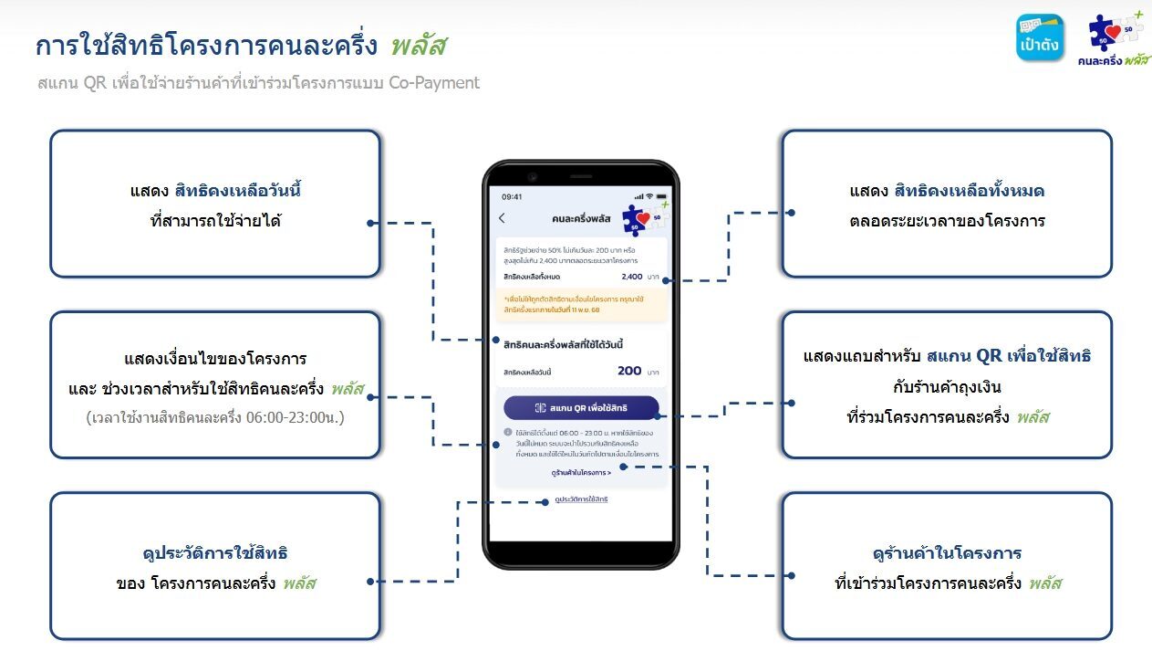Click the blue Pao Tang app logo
click(x=1040, y=37)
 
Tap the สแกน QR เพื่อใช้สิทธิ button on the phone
click(x=581, y=407)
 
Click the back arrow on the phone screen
click(x=502, y=218)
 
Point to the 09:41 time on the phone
click(x=512, y=196)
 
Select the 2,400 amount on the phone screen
click(x=631, y=277)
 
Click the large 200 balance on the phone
click(x=629, y=371)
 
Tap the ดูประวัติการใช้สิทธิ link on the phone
click(x=581, y=499)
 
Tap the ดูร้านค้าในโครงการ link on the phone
click(x=581, y=472)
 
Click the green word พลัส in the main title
click(x=418, y=46)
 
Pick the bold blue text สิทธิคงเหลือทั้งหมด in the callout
click(x=975, y=191)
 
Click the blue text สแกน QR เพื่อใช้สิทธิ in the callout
click(x=1009, y=355)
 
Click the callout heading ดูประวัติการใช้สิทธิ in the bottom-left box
click(x=215, y=553)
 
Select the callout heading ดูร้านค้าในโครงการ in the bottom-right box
click(x=947, y=553)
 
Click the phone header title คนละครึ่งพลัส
click(x=581, y=218)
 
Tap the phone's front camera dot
click(x=532, y=176)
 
